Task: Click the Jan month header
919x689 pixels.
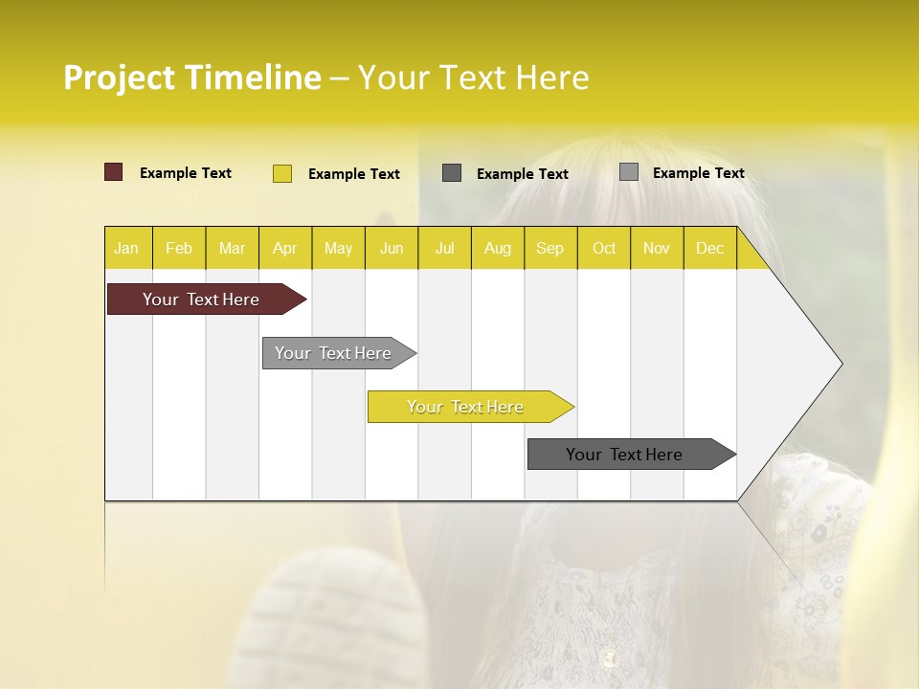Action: pos(126,248)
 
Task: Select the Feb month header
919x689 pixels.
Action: pos(179,248)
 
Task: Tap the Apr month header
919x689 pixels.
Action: pos(284,248)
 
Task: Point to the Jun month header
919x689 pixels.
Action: pos(392,248)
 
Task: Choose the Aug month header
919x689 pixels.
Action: pos(497,248)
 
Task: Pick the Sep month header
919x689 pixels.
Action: pos(549,248)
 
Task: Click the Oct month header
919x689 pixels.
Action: pos(604,248)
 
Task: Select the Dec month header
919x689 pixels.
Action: pos(709,248)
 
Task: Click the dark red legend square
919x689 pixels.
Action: pos(114,172)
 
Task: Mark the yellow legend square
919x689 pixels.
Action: pos(282,173)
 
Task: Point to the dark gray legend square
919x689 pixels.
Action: pos(452,172)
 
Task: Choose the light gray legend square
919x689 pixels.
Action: pos(629,172)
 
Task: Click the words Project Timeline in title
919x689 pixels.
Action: pos(192,78)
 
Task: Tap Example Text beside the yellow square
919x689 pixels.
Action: pos(353,174)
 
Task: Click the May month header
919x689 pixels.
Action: pos(338,248)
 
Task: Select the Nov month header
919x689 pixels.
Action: pos(657,248)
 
